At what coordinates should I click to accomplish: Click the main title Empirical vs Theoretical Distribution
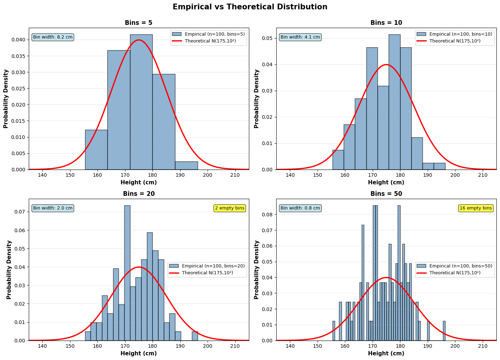click(250, 7)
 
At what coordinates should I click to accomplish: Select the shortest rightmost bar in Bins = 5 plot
click(186, 166)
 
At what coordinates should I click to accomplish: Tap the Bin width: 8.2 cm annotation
click(53, 37)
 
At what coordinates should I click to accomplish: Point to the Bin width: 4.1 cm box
click(300, 37)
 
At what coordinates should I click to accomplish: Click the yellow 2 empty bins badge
click(229, 208)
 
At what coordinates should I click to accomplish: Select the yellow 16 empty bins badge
click(476, 208)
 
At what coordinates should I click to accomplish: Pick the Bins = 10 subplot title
click(386, 23)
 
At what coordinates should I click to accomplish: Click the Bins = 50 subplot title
click(386, 194)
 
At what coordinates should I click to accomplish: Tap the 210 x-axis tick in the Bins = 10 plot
click(482, 175)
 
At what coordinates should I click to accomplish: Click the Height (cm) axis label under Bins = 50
click(386, 354)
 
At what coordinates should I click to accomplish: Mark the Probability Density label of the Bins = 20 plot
click(9, 270)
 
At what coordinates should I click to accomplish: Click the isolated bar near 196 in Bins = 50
click(444, 331)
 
